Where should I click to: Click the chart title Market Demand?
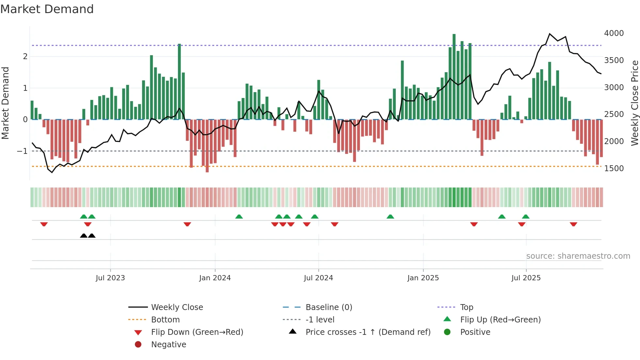click(47, 9)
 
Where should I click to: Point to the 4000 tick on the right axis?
click(614, 33)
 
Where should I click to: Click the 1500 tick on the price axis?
click(614, 169)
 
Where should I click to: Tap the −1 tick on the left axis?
click(22, 151)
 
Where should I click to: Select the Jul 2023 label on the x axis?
click(110, 278)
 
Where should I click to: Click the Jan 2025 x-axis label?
click(423, 278)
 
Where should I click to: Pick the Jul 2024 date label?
click(318, 278)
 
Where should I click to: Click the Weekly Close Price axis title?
click(634, 103)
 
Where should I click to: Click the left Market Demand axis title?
click(5, 103)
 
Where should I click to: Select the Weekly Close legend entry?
click(177, 307)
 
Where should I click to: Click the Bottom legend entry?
click(165, 320)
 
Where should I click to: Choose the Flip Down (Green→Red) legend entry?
click(197, 332)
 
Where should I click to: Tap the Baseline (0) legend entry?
click(328, 307)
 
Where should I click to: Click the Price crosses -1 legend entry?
click(368, 332)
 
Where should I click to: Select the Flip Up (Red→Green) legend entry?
click(500, 320)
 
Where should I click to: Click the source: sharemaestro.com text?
click(578, 256)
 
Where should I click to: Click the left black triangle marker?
click(84, 236)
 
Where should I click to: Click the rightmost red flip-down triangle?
click(573, 224)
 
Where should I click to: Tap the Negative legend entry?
click(168, 345)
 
